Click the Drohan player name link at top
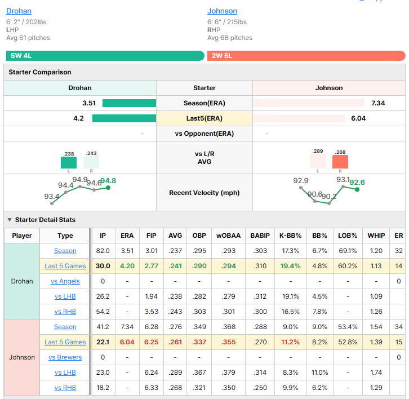(x=19, y=11)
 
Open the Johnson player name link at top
(x=222, y=11)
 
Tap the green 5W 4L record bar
(x=105, y=56)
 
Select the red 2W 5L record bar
(x=306, y=56)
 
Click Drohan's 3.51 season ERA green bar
(x=130, y=103)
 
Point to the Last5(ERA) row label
(x=204, y=118)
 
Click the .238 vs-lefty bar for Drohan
(x=69, y=162)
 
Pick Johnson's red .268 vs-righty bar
(x=340, y=162)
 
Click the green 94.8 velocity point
(x=108, y=188)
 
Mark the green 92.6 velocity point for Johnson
(x=357, y=189)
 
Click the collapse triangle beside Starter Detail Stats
(x=10, y=220)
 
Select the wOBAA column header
(x=229, y=236)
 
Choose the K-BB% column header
(x=290, y=236)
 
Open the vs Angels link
(x=65, y=281)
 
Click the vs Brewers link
(x=65, y=357)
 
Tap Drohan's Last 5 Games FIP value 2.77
(x=152, y=266)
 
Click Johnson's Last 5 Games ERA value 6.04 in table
(x=127, y=342)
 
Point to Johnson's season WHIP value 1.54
(x=376, y=327)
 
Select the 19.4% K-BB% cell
(x=290, y=266)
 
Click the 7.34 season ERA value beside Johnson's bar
(x=378, y=103)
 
